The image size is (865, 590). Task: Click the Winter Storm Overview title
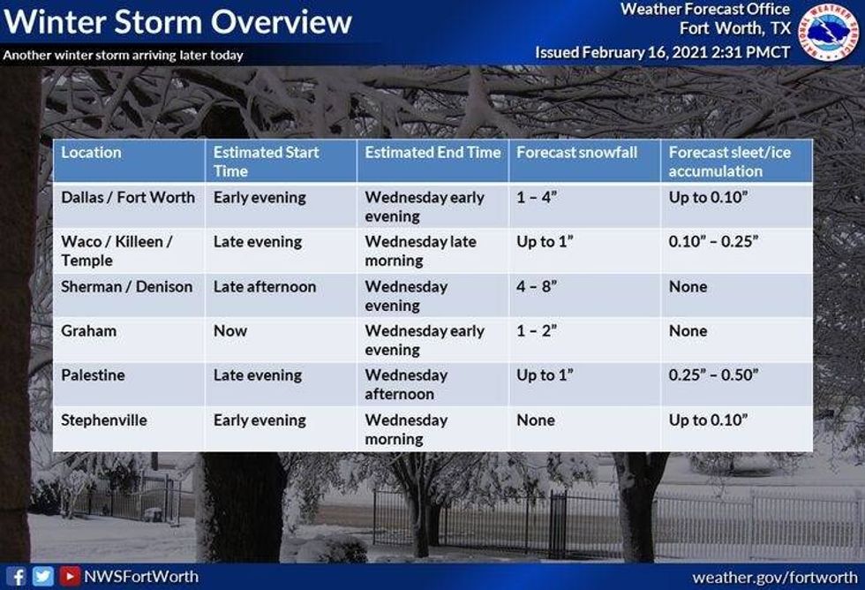click(177, 21)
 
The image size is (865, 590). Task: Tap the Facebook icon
click(16, 577)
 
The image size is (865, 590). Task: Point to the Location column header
click(91, 153)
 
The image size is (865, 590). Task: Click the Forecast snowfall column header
click(575, 153)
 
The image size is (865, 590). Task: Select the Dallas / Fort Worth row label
click(128, 198)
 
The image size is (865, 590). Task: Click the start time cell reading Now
click(230, 331)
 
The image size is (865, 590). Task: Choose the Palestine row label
click(93, 375)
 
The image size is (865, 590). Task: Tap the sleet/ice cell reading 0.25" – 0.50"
click(713, 375)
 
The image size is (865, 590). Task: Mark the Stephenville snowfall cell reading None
click(536, 420)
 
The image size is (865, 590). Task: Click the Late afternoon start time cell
click(264, 287)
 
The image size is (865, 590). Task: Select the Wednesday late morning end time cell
click(420, 251)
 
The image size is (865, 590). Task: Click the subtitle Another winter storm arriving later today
click(123, 55)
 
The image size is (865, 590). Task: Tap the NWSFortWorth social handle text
click(141, 577)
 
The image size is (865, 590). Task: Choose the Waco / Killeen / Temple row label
click(116, 251)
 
